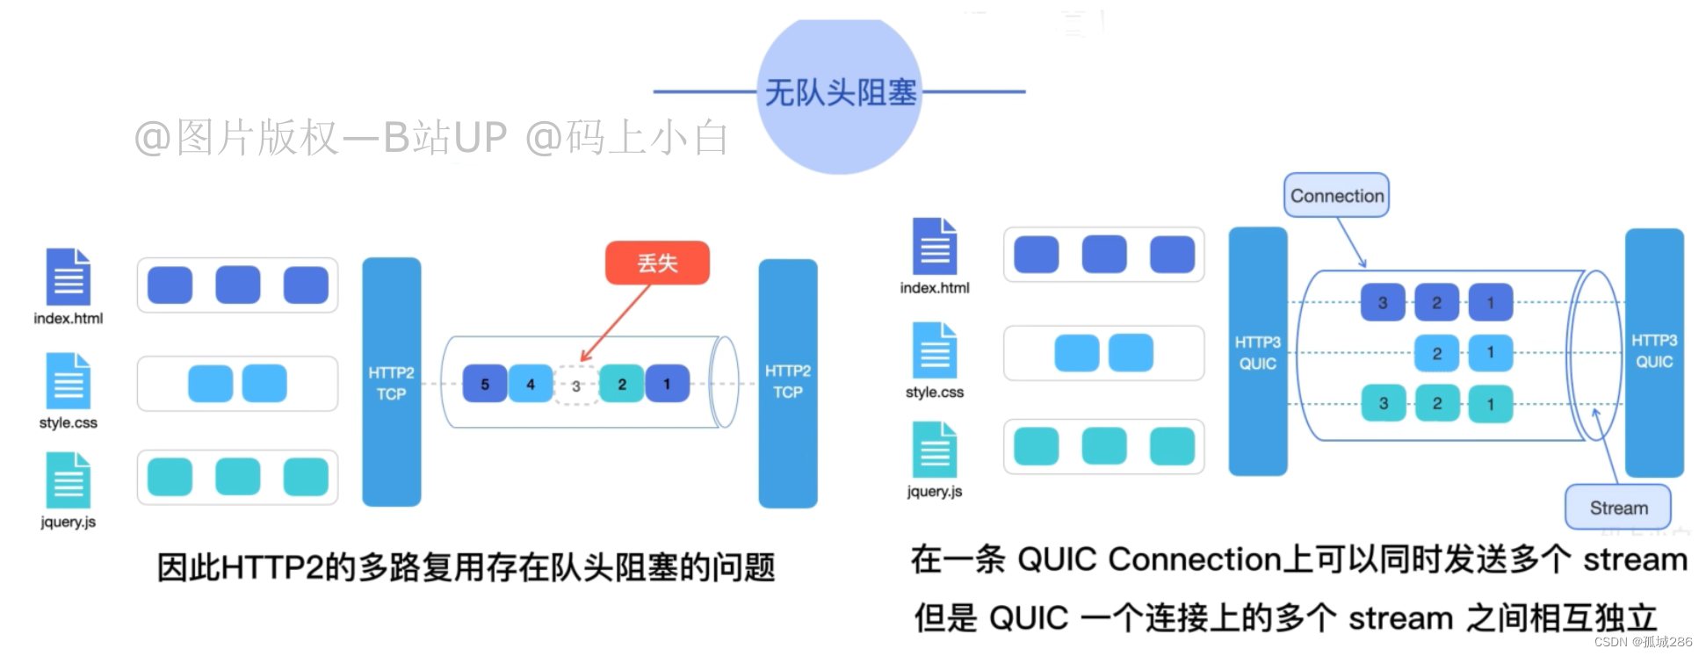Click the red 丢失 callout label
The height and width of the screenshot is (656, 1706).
click(657, 263)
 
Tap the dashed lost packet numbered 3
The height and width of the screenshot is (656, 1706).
click(576, 386)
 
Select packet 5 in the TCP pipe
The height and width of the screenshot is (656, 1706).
click(485, 384)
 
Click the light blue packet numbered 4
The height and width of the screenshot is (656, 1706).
click(531, 384)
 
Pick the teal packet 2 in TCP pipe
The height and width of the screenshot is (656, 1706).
click(622, 384)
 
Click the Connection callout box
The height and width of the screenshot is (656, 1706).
click(1336, 196)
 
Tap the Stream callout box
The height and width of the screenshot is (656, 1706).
click(1618, 508)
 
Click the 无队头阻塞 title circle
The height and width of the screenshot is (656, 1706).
click(840, 93)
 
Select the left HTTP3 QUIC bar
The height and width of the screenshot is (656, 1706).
click(1257, 351)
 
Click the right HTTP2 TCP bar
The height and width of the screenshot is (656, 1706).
click(787, 382)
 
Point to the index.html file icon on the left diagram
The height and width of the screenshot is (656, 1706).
click(69, 278)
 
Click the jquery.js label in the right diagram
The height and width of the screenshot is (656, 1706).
click(935, 492)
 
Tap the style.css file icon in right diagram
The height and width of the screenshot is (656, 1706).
click(935, 350)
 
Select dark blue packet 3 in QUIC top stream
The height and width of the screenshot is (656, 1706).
click(1383, 303)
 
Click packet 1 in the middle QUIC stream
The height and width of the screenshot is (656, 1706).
click(1490, 353)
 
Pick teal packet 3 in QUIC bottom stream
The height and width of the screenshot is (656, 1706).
click(1383, 404)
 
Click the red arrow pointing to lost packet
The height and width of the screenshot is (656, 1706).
click(616, 321)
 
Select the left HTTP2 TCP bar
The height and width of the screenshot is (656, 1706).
click(391, 382)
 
